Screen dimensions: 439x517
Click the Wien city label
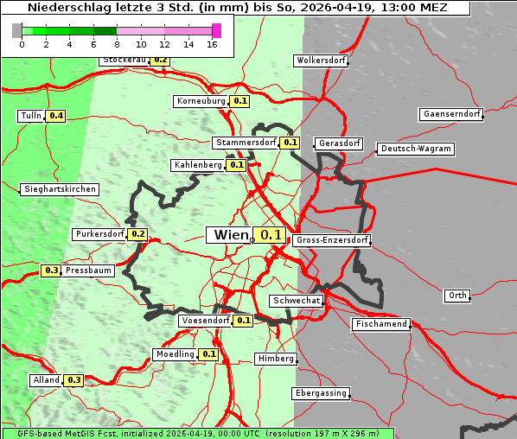pyautogui.click(x=229, y=235)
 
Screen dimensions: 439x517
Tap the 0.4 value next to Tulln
pyautogui.click(x=56, y=116)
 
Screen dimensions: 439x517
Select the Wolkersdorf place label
pyautogui.click(x=321, y=61)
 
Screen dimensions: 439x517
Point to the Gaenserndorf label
pyautogui.click(x=450, y=114)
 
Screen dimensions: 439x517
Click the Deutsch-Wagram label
pyautogui.click(x=416, y=149)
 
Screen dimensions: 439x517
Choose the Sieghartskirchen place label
pyautogui.click(x=59, y=189)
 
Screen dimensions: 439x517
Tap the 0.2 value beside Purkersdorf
pyautogui.click(x=137, y=234)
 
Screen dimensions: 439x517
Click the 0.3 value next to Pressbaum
pyautogui.click(x=51, y=270)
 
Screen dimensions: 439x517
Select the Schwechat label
pyautogui.click(x=297, y=301)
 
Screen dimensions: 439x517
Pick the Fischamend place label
pyautogui.click(x=380, y=324)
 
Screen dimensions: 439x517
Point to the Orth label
pyautogui.click(x=457, y=296)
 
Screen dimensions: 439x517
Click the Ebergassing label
pyautogui.click(x=320, y=393)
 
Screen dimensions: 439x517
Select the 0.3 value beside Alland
pyautogui.click(x=73, y=380)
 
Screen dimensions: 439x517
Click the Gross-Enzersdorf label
pyautogui.click(x=332, y=240)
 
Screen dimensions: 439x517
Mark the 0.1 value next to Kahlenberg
pyautogui.click(x=236, y=165)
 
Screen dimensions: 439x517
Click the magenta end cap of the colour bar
pyautogui.click(x=216, y=30)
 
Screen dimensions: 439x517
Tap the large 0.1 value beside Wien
pyautogui.click(x=271, y=235)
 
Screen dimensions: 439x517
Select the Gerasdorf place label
pyautogui.click(x=338, y=143)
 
